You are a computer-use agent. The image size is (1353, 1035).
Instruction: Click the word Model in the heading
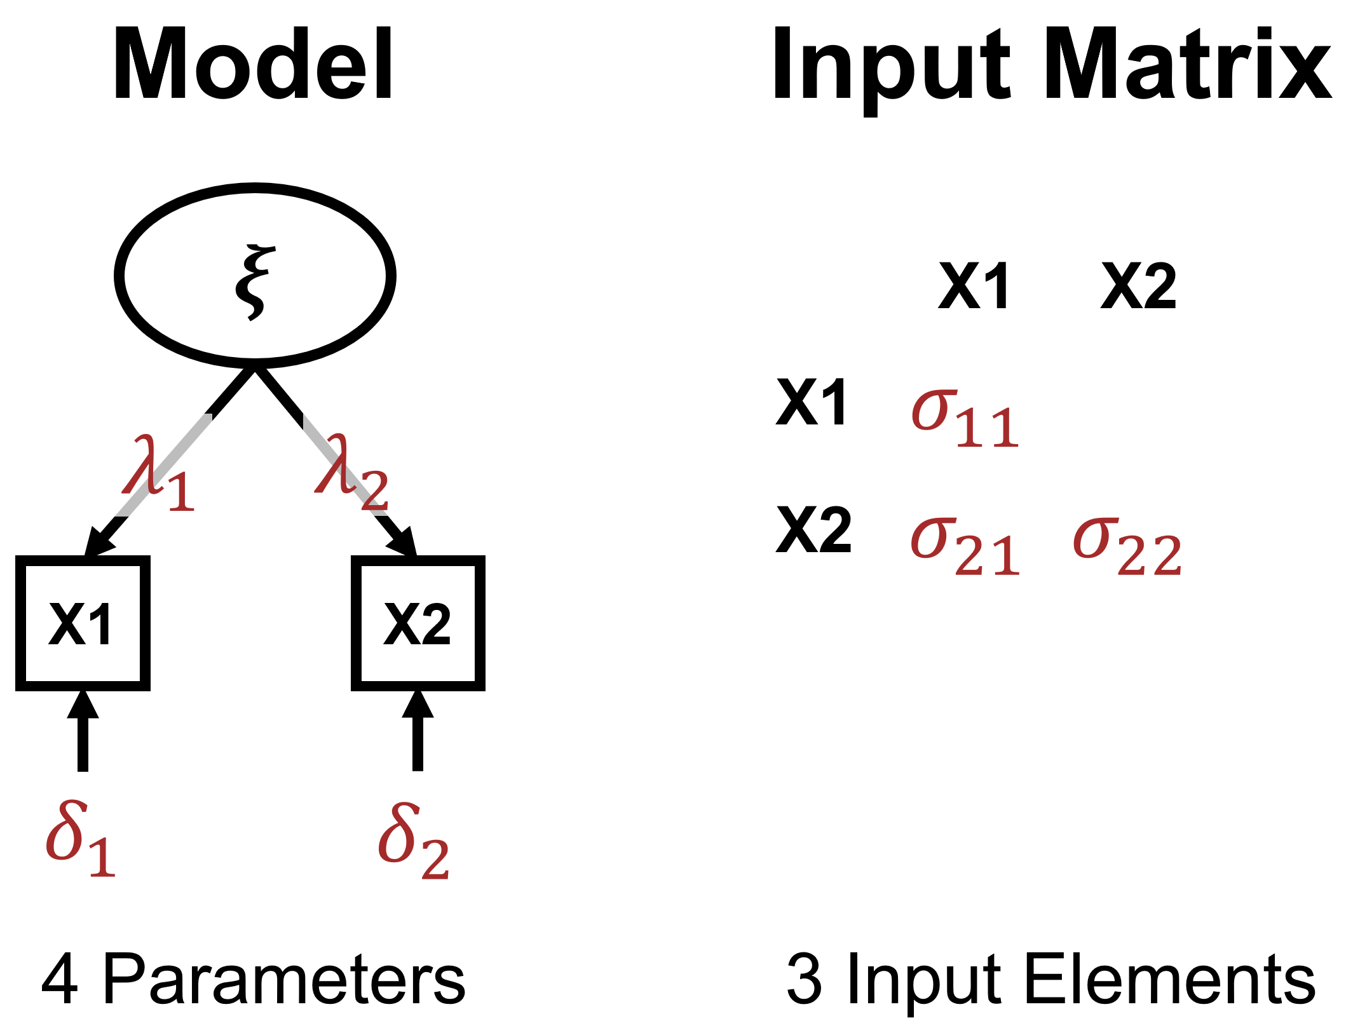point(252,65)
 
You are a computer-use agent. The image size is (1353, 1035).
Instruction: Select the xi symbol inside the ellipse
point(255,281)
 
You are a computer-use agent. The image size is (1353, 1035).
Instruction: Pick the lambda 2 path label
point(351,474)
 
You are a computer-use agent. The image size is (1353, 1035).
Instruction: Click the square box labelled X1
point(83,623)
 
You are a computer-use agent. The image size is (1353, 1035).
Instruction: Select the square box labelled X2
point(418,623)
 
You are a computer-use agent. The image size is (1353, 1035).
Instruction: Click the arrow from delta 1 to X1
point(83,731)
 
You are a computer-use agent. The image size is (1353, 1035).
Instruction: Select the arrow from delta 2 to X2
point(418,731)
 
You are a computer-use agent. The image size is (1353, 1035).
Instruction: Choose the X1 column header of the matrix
point(974,287)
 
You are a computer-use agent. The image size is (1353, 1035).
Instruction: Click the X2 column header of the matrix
point(1138,287)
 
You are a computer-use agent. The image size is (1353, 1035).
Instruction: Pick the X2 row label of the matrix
point(813,530)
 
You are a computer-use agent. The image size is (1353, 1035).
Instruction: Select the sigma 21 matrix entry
point(965,546)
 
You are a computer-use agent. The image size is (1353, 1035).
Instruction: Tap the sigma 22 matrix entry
point(1127,546)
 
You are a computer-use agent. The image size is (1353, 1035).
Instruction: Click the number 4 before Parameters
point(60,979)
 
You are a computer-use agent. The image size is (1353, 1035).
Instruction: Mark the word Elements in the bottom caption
point(1169,979)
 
